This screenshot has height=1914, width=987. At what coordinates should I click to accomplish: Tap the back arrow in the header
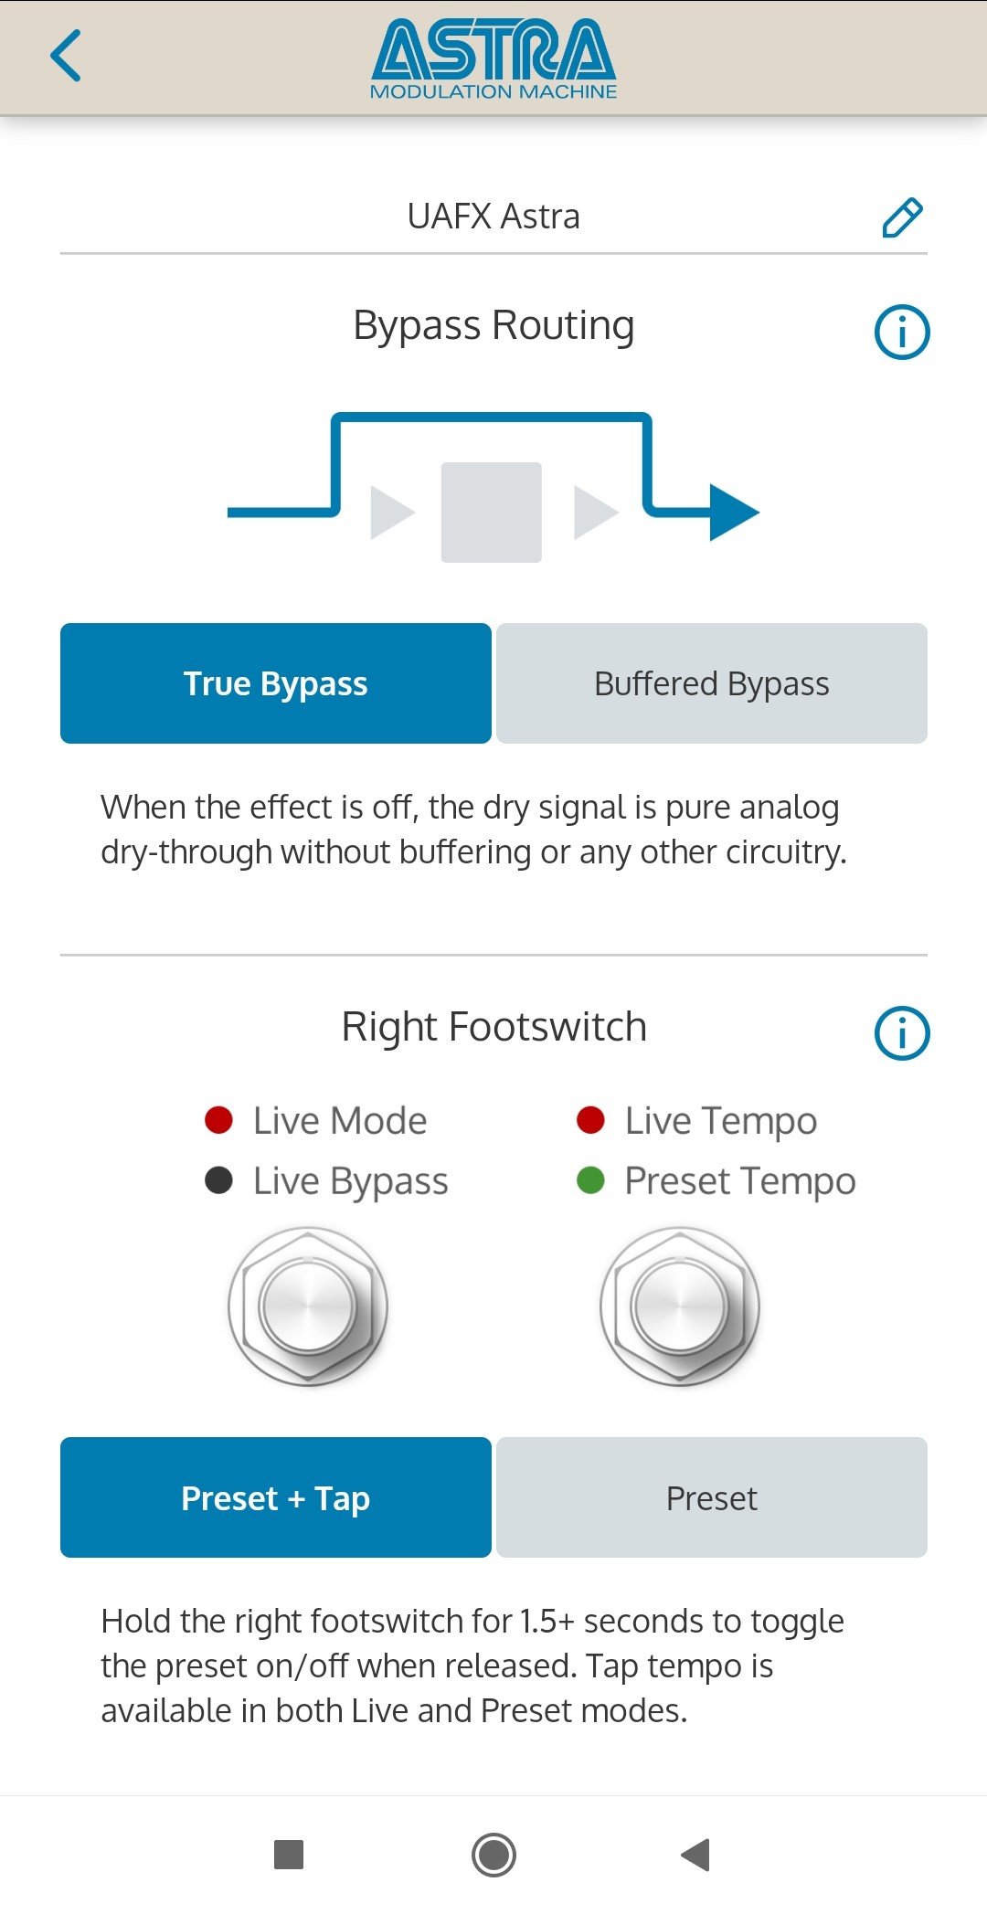[x=66, y=56]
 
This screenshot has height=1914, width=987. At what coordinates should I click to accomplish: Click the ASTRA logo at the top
[x=493, y=59]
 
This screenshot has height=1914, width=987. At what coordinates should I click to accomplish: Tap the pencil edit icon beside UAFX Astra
[x=902, y=217]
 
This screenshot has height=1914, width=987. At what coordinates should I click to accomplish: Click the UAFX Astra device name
[x=493, y=217]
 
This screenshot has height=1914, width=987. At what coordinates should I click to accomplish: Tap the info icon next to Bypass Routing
[x=902, y=332]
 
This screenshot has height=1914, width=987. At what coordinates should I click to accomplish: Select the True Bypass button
[x=276, y=683]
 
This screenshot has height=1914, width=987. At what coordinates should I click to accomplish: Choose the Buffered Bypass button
[x=712, y=683]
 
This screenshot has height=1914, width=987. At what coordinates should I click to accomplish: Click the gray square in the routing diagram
[x=492, y=513]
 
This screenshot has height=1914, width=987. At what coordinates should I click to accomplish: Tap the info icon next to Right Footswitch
[x=902, y=1033]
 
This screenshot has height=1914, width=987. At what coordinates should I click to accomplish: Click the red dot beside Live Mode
[x=219, y=1120]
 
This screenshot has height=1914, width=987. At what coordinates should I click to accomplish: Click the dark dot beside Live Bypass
[x=219, y=1180]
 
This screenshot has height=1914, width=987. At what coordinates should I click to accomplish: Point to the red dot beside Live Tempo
[x=591, y=1120]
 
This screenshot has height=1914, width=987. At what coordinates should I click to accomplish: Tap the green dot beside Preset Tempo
[x=591, y=1180]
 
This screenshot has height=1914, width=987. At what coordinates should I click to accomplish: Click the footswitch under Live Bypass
[x=308, y=1307]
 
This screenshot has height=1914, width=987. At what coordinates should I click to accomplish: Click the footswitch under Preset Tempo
[x=680, y=1307]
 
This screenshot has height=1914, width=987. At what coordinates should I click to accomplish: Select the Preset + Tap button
[x=276, y=1497]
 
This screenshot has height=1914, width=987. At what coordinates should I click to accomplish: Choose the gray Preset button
[x=712, y=1497]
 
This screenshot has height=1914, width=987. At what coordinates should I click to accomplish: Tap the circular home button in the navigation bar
[x=493, y=1855]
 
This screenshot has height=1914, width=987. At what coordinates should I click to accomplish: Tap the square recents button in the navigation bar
[x=289, y=1855]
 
